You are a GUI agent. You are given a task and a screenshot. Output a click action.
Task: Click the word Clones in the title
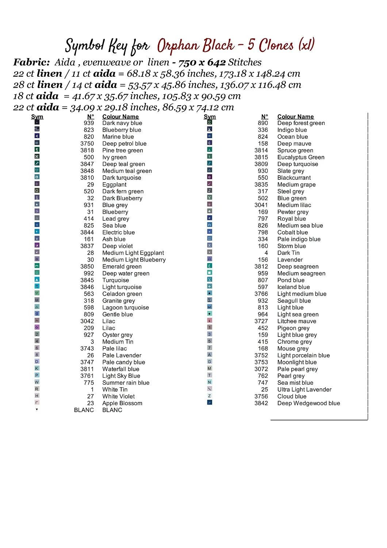click(276, 45)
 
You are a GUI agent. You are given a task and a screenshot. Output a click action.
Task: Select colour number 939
click(89, 123)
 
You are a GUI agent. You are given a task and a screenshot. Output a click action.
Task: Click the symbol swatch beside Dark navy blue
click(37, 122)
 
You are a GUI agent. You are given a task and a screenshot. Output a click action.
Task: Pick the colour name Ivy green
click(114, 157)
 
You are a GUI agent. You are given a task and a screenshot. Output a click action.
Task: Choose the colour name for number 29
click(114, 185)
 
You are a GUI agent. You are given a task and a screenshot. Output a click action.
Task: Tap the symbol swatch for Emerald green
click(37, 266)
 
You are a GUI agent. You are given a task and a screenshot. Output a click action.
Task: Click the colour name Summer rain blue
click(126, 383)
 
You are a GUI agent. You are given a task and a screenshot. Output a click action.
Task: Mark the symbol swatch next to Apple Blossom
click(37, 402)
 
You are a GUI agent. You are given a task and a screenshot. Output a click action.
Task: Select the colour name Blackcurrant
click(294, 178)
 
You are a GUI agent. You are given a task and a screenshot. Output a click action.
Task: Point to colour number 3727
click(261, 321)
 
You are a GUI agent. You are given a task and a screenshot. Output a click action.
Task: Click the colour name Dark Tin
click(288, 253)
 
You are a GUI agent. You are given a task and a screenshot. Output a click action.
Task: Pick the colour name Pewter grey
click(293, 212)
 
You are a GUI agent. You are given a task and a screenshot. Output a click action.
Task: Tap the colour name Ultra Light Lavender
click(304, 390)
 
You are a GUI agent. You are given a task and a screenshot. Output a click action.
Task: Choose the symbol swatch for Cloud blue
click(210, 396)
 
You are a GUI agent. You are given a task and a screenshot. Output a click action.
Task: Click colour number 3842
click(261, 403)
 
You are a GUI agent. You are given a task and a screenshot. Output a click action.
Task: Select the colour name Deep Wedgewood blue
click(309, 403)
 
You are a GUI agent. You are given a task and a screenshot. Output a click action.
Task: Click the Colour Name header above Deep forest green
click(295, 117)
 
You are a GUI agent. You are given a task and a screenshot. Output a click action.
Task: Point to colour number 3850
click(87, 267)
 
